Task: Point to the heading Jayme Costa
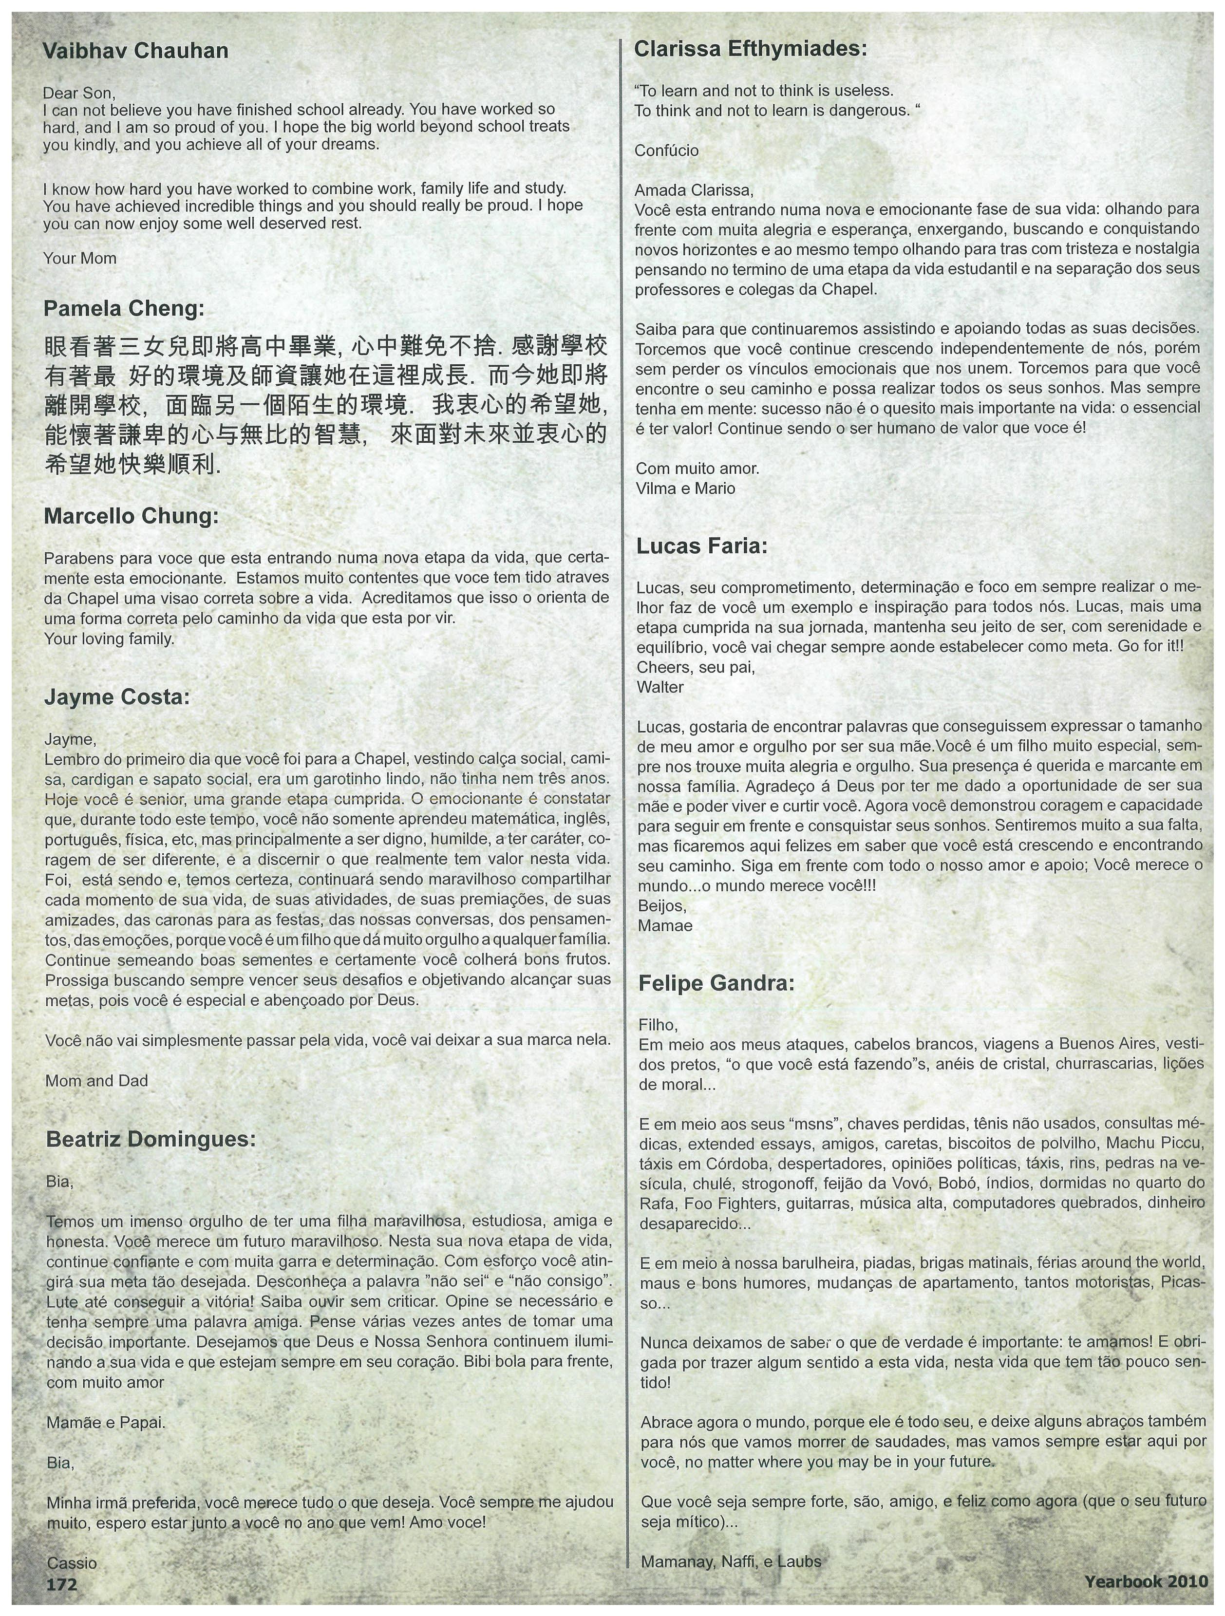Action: coord(117,697)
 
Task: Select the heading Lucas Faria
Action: coord(702,545)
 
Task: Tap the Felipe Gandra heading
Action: coord(716,983)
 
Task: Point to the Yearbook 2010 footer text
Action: coord(1146,1581)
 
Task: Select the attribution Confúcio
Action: coord(666,151)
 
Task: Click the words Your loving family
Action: coord(110,639)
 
